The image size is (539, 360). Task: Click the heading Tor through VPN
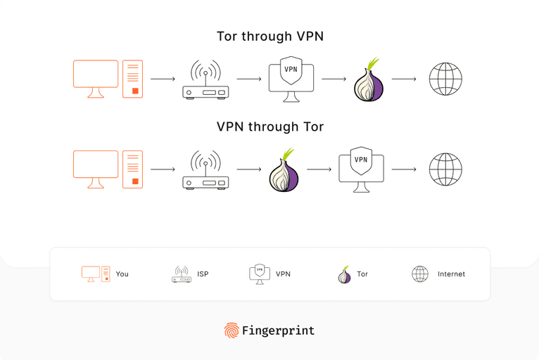(269, 37)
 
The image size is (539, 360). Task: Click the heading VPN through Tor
(269, 127)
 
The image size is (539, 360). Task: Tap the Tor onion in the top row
(369, 80)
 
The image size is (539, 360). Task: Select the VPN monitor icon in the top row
(291, 79)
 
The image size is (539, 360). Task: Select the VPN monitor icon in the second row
(361, 169)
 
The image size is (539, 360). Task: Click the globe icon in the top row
(445, 79)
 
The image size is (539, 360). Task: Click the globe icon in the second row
(445, 169)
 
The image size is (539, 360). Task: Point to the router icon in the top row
(205, 80)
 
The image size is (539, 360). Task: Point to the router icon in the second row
(205, 171)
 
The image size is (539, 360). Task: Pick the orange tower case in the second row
(132, 169)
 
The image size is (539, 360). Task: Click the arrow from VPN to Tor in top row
(334, 79)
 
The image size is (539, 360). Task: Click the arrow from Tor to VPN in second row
(319, 169)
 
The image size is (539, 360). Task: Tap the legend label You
(122, 274)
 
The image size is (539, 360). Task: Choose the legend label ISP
(203, 274)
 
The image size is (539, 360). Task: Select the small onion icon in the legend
(344, 275)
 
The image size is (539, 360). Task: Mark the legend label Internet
(451, 274)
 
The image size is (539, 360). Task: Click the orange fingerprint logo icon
(231, 330)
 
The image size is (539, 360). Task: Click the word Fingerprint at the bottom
(278, 330)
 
